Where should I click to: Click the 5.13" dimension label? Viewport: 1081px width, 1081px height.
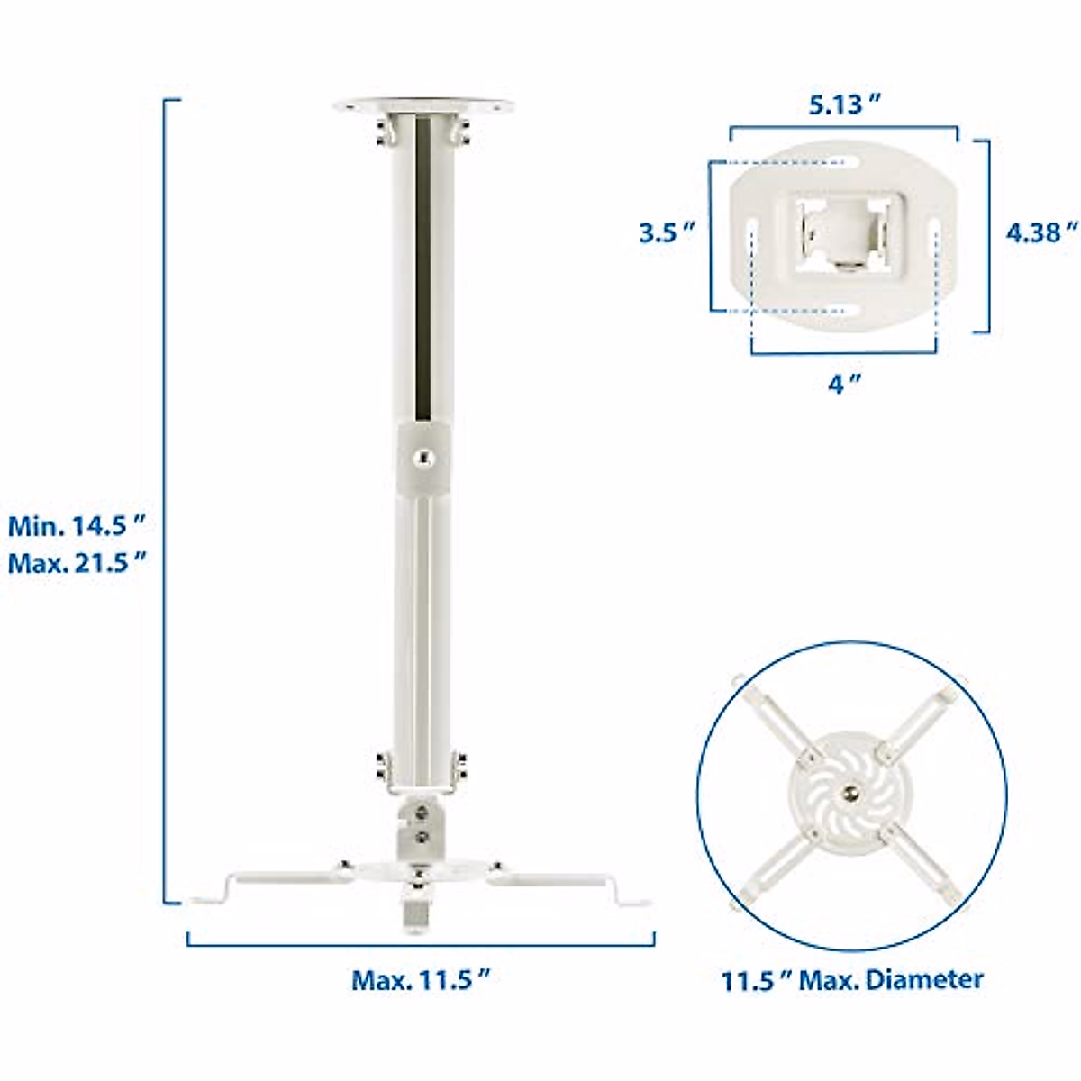tap(843, 104)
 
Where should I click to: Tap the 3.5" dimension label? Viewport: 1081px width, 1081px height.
tap(667, 232)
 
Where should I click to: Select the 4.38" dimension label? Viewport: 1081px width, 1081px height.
tap(1041, 232)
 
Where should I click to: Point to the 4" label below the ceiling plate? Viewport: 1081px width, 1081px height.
tap(843, 384)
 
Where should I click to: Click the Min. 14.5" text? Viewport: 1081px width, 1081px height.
tap(77, 525)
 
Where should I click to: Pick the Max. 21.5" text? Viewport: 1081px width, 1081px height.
tap(77, 565)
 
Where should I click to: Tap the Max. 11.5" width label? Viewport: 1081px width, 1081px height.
tap(422, 979)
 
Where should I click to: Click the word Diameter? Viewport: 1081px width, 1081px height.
tap(923, 979)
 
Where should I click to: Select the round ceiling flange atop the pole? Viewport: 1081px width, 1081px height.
tap(423, 106)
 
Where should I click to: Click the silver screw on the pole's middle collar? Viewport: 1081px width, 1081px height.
tap(422, 459)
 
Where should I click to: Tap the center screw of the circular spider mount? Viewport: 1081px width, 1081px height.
tap(850, 793)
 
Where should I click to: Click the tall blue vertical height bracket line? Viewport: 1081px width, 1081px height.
tap(165, 500)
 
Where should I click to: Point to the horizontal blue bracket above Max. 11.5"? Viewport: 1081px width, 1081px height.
tap(421, 944)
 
